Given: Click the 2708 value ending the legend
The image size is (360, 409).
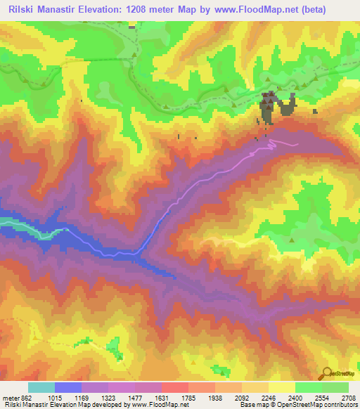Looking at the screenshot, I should coord(349,398).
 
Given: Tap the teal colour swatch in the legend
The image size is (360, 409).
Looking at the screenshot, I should coord(41,387).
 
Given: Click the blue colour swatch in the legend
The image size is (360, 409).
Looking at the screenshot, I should coord(68,387).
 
